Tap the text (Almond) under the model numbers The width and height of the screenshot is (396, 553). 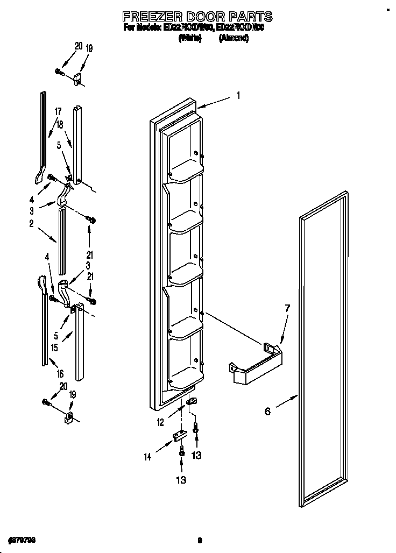(x=233, y=39)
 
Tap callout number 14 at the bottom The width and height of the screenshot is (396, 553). (x=147, y=457)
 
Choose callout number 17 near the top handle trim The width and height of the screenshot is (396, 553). (x=58, y=111)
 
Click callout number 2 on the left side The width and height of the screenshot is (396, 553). (x=32, y=223)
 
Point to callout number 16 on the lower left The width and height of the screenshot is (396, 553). (x=60, y=373)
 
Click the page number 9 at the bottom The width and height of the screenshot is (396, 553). (x=199, y=540)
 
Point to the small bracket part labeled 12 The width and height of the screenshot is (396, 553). (x=192, y=402)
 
